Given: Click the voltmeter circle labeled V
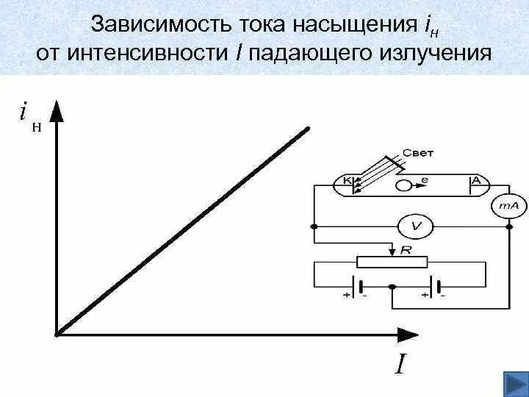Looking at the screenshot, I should (415, 226).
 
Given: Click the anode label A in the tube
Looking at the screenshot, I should (475, 181).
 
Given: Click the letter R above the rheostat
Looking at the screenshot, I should (405, 250).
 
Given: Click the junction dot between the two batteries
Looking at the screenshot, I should (392, 286).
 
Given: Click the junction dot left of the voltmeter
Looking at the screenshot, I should (314, 226).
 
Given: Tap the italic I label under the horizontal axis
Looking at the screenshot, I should (399, 365).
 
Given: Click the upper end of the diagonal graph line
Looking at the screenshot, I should (309, 130).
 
